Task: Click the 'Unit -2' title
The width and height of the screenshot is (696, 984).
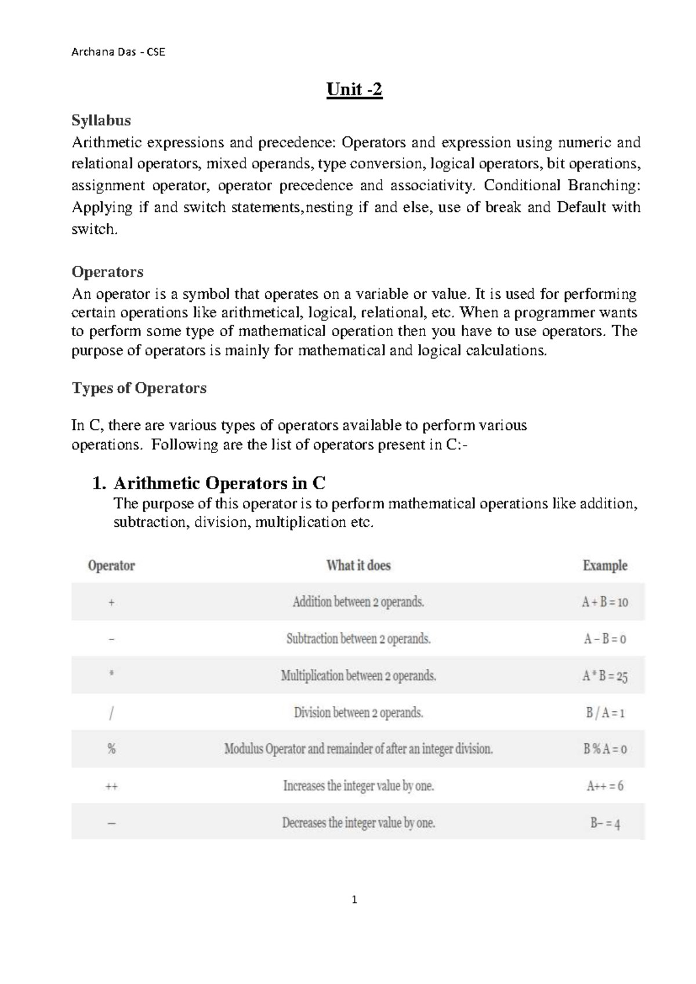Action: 354,90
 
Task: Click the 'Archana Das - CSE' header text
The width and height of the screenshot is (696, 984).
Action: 118,52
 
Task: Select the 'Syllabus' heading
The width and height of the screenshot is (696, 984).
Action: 101,120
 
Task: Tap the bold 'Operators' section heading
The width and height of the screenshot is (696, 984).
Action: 107,272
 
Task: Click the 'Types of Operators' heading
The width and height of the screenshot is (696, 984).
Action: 139,388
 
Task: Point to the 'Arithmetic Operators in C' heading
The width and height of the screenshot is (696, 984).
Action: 219,483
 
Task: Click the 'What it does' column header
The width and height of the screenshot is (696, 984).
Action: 358,565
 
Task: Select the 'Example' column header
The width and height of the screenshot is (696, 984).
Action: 605,565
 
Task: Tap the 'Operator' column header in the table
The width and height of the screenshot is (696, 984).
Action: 111,565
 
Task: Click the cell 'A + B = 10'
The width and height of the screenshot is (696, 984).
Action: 605,602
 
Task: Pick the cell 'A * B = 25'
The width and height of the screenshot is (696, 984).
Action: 605,676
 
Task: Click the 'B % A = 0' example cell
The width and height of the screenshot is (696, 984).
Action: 605,749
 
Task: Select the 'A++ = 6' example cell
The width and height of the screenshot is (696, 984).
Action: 605,786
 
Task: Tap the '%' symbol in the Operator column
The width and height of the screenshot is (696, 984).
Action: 111,749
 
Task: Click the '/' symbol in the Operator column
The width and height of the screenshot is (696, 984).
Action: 111,713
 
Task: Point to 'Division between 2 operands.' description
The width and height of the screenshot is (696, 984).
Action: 358,712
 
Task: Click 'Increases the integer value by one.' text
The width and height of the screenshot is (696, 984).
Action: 358,786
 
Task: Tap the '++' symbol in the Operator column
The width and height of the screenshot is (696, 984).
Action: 111,787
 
